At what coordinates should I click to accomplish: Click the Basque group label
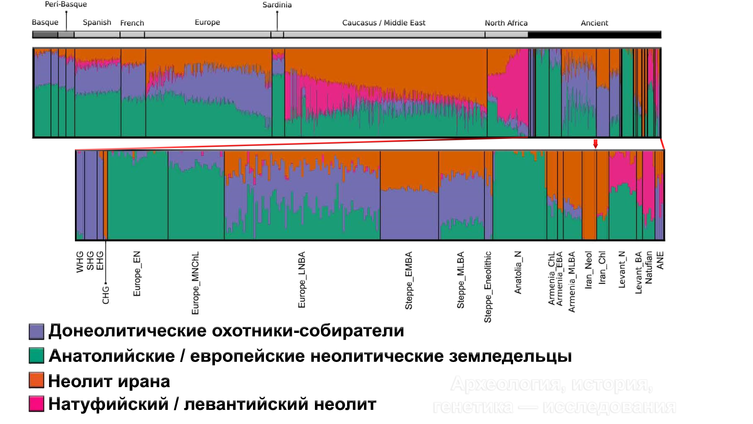(x=45, y=22)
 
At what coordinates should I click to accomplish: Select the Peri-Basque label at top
(x=66, y=4)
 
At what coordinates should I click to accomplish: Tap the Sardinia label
(x=277, y=5)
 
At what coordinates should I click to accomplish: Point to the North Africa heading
(x=506, y=23)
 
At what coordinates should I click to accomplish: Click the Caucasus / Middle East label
(x=384, y=23)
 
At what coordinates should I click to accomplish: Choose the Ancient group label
(x=594, y=23)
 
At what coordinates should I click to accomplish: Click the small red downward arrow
(x=595, y=144)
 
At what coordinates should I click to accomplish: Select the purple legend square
(x=36, y=331)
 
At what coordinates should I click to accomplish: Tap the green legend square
(x=36, y=356)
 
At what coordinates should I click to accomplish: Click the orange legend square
(x=36, y=380)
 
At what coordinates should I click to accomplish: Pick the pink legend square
(x=36, y=404)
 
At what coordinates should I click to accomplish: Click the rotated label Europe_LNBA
(x=302, y=280)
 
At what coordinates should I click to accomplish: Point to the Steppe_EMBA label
(x=409, y=280)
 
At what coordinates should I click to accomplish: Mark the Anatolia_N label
(x=518, y=272)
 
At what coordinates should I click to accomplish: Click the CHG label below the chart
(x=106, y=295)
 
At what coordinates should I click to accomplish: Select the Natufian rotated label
(x=649, y=267)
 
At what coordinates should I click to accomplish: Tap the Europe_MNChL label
(x=195, y=283)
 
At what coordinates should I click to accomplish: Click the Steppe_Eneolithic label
(x=487, y=287)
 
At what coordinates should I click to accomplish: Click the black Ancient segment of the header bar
(x=594, y=35)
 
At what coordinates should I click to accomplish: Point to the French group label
(x=132, y=23)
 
